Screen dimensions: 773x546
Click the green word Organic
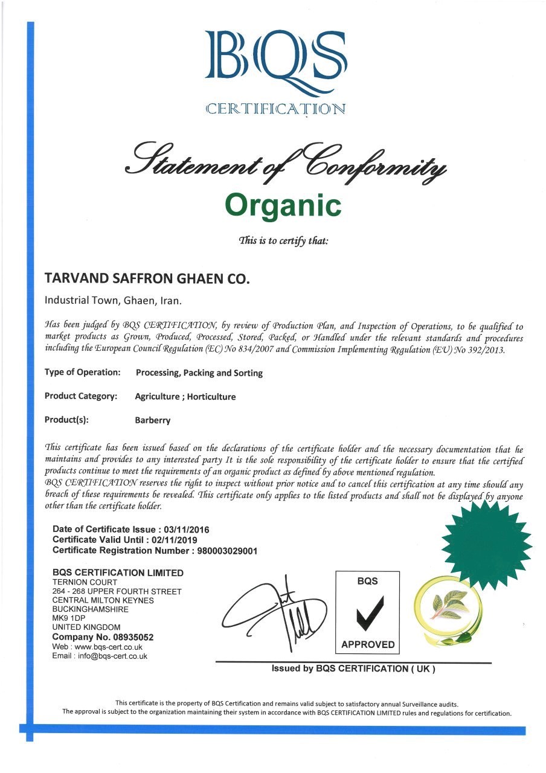point(283,205)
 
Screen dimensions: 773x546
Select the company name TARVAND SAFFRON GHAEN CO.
point(147,279)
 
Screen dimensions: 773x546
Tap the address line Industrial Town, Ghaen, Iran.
point(113,300)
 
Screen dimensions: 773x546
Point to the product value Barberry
point(153,420)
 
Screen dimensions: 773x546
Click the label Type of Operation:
point(83,373)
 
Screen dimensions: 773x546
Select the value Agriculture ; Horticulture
point(185,397)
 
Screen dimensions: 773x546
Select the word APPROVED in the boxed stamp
point(367,645)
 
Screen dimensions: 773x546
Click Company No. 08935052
point(103,637)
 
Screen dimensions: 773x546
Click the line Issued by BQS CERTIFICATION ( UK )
point(353,669)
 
